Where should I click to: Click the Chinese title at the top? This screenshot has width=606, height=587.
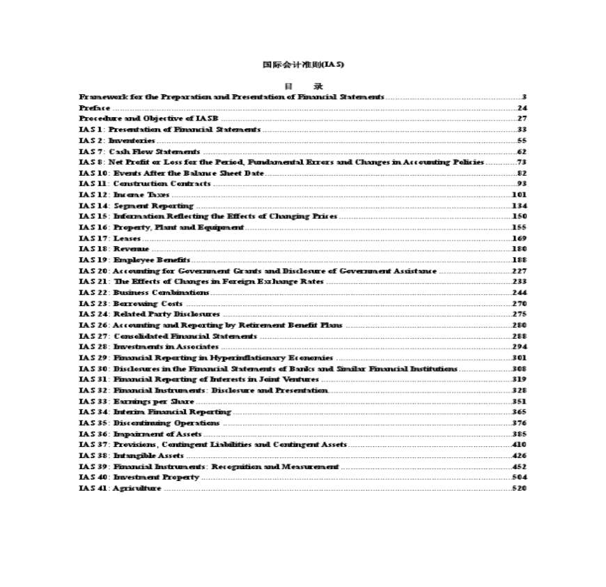[303, 65]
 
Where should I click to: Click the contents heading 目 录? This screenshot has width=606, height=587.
[304, 86]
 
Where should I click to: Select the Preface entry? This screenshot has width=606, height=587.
[94, 108]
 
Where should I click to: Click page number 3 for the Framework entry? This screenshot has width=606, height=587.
[524, 97]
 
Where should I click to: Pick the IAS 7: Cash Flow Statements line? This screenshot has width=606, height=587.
[139, 151]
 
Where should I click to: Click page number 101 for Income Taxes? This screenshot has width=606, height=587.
[519, 195]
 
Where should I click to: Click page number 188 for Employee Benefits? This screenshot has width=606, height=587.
[519, 260]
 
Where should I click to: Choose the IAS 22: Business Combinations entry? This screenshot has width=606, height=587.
[143, 293]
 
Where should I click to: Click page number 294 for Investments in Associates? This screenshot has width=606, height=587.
[519, 346]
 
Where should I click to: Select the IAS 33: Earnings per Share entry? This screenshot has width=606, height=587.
[137, 401]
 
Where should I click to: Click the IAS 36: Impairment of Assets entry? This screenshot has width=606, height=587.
[140, 434]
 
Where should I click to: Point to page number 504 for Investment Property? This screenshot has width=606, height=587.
[519, 477]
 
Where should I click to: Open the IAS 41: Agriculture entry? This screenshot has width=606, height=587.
[120, 488]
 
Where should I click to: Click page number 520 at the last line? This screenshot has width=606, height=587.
[519, 488]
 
